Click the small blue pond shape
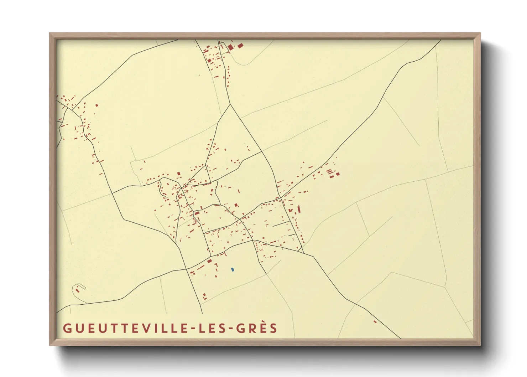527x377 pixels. [232, 270]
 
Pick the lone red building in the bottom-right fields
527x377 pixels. [375, 322]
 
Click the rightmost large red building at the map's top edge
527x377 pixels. [240, 46]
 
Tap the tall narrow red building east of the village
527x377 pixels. [299, 209]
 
